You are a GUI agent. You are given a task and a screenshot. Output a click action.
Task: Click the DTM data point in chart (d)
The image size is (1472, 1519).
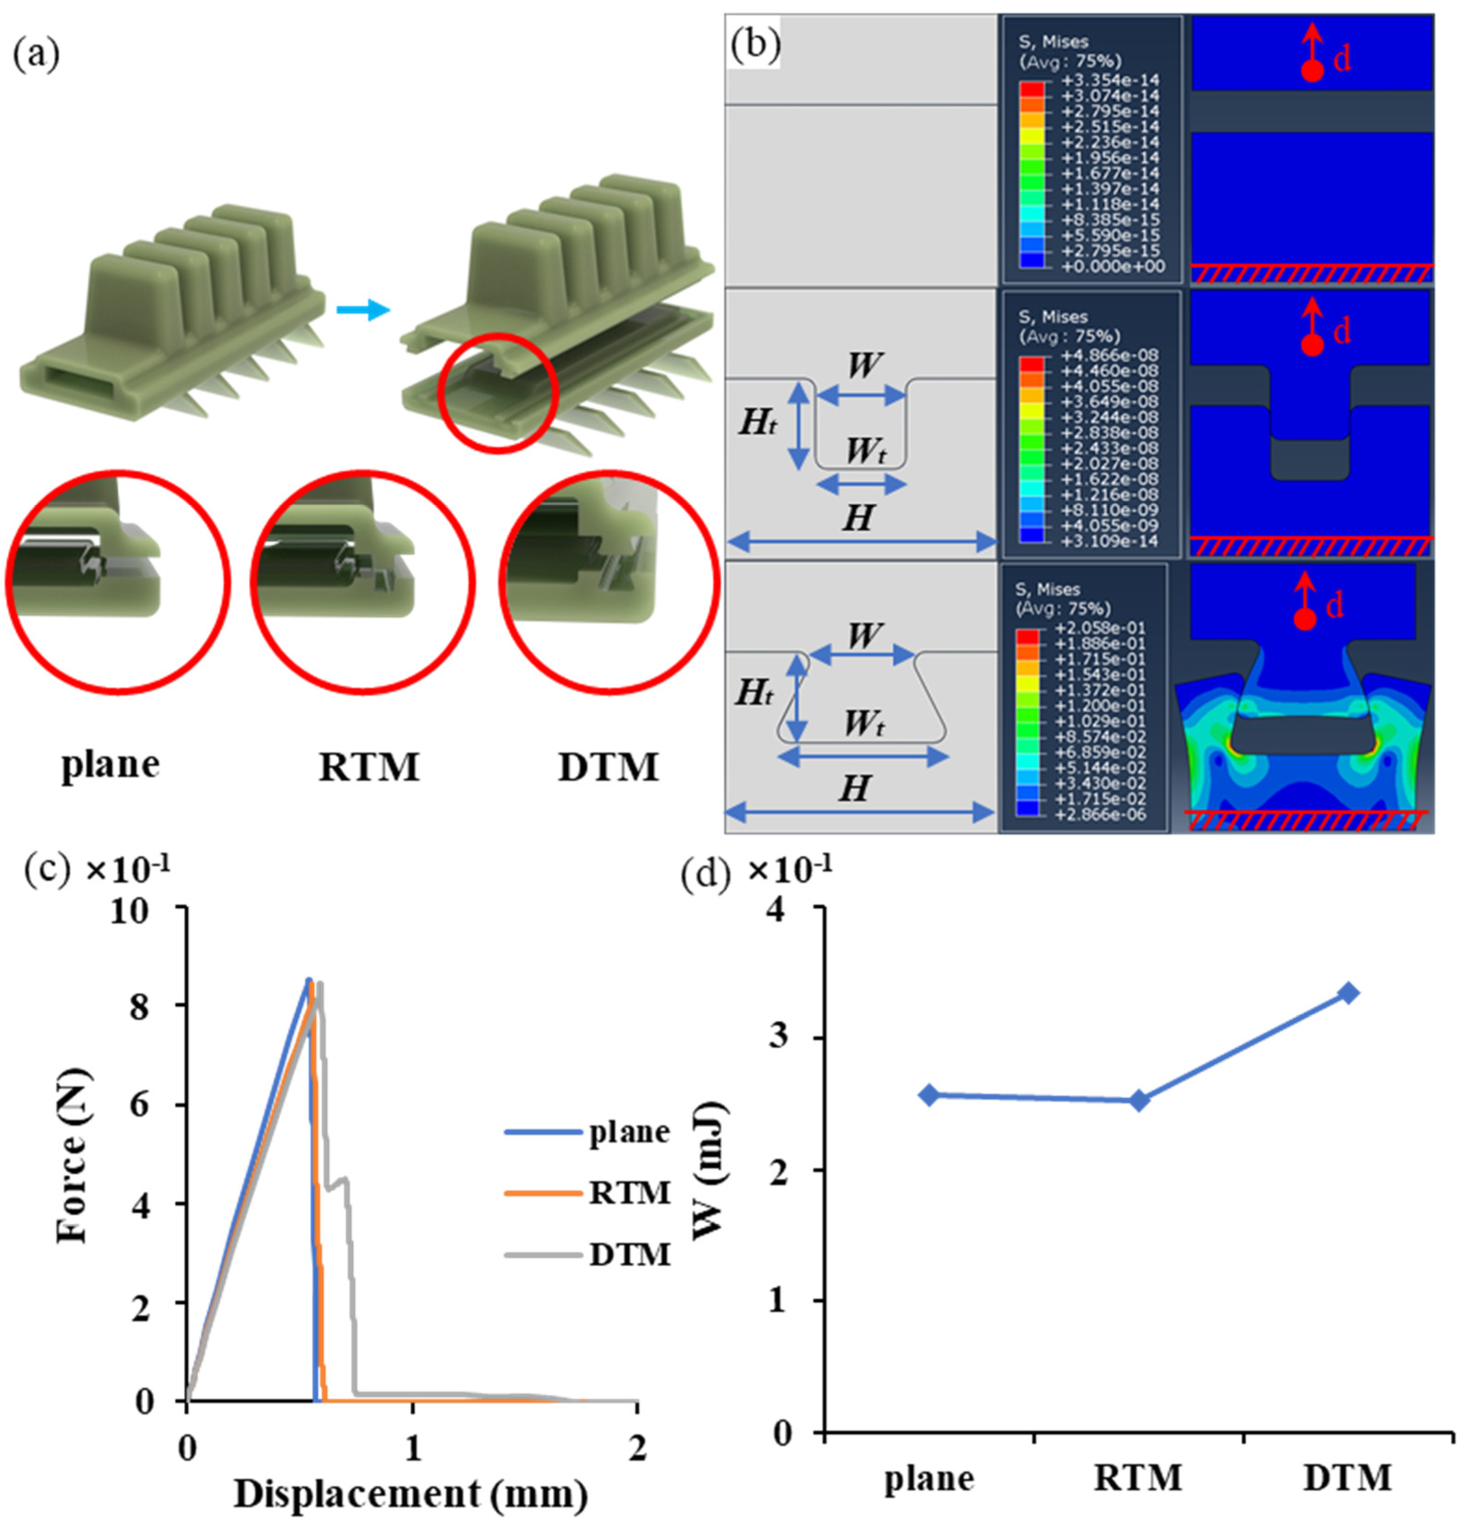(1349, 993)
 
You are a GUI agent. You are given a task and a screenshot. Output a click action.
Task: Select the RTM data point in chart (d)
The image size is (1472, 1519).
(1139, 1100)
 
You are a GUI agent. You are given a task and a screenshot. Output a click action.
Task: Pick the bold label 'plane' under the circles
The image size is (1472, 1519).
(111, 765)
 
